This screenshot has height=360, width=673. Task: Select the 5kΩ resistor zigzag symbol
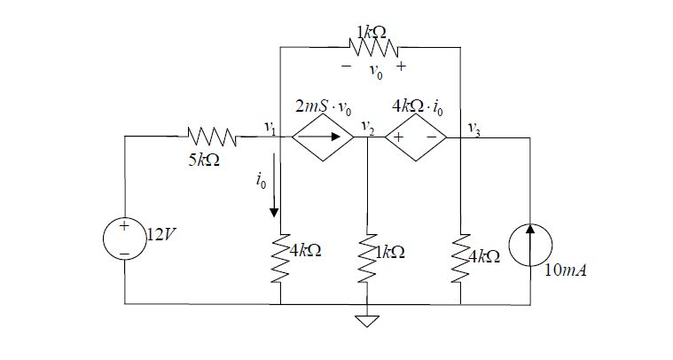212,137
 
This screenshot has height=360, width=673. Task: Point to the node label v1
270,129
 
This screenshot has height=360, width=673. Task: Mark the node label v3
475,130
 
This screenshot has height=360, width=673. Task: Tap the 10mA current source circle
530,240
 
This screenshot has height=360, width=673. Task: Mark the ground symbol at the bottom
367,320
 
